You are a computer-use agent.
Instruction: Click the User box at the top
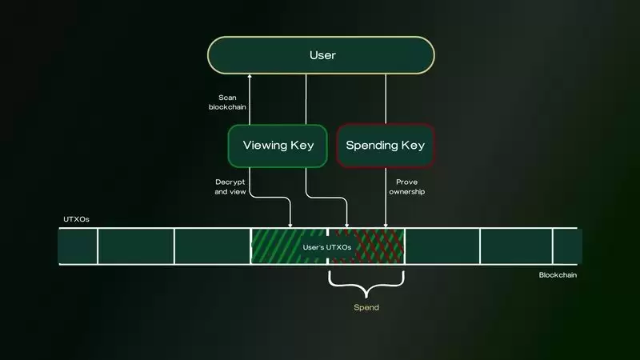[321, 55]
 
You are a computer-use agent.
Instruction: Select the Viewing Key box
[277, 146]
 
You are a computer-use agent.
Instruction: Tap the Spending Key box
[386, 146]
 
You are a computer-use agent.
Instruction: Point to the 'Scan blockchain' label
[227, 102]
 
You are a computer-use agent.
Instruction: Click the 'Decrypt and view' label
[231, 188]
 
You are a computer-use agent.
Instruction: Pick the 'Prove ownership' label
[407, 188]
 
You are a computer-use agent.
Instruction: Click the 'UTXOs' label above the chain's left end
[75, 218]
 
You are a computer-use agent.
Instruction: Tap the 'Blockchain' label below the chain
[558, 274]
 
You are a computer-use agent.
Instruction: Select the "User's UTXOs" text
[327, 247]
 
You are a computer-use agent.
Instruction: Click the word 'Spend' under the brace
[366, 307]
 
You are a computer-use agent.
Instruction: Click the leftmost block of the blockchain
[78, 246]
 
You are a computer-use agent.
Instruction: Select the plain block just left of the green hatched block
[212, 246]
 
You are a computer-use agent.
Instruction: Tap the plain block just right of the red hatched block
[442, 246]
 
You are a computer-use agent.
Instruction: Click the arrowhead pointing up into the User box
[250, 76]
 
